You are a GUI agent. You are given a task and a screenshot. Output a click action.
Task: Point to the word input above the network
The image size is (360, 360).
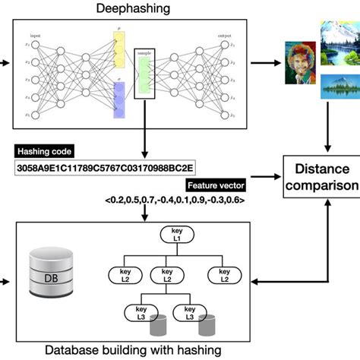(x=36, y=36)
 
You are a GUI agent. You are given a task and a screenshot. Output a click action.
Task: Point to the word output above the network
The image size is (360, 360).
(x=225, y=36)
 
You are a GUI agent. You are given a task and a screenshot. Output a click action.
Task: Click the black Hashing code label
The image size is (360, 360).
(x=44, y=151)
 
